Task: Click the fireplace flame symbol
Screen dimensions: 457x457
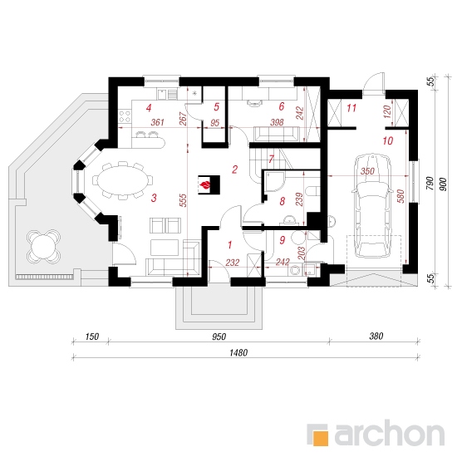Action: tap(205, 184)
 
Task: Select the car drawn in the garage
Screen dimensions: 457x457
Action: tap(372, 206)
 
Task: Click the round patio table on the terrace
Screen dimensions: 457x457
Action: tap(44, 247)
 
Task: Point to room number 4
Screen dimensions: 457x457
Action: tap(149, 108)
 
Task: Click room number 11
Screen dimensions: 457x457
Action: tap(351, 108)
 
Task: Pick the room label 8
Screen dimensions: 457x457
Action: tap(282, 201)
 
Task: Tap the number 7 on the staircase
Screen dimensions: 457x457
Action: tap(272, 160)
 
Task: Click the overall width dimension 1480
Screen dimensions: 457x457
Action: tap(238, 353)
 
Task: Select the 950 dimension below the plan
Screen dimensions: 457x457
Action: tap(219, 337)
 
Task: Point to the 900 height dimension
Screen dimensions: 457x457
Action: tap(443, 184)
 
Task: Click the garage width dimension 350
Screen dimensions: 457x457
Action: tap(367, 171)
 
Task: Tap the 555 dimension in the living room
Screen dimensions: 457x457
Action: tap(184, 200)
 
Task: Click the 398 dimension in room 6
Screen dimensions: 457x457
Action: tap(277, 122)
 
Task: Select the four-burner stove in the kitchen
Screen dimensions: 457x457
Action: tap(125, 116)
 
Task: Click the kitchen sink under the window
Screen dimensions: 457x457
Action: tap(167, 94)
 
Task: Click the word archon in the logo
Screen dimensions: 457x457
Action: tap(389, 433)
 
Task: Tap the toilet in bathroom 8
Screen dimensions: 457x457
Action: tap(312, 192)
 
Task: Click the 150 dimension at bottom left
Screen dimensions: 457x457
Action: tap(91, 337)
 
